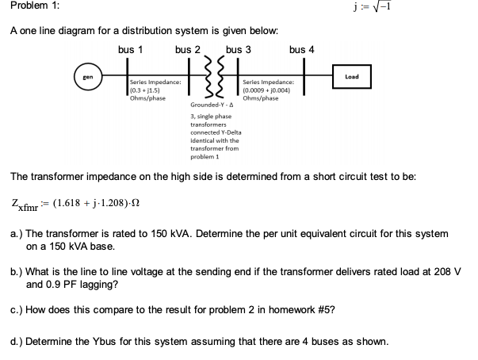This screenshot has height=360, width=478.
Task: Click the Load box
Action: [352, 77]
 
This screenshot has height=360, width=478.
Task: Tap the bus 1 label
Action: [130, 49]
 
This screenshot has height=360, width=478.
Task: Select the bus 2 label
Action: [189, 49]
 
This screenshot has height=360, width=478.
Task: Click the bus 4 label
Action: [302, 49]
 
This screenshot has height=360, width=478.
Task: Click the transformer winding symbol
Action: [210, 76]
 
